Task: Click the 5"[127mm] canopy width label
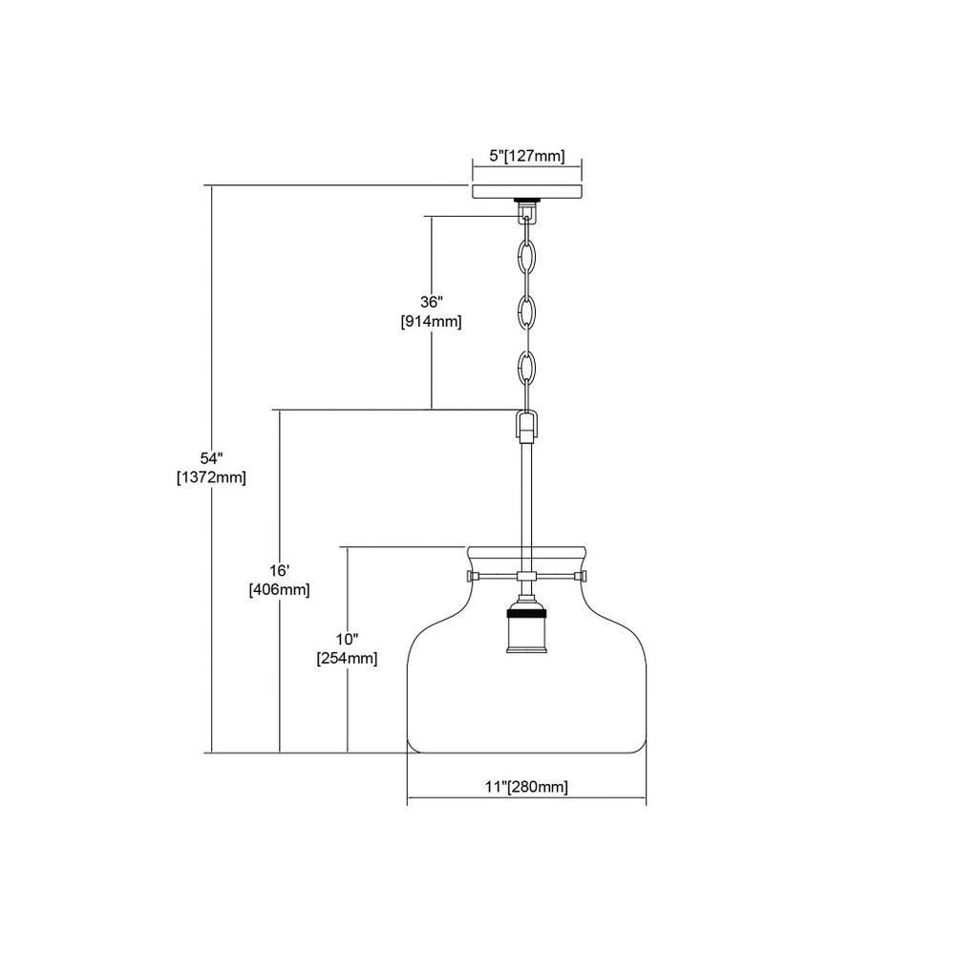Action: tap(527, 156)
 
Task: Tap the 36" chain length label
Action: tap(431, 302)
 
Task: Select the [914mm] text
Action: tap(431, 322)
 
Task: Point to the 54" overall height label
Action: tap(211, 458)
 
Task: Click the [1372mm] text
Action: tap(211, 477)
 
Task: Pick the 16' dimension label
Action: tap(279, 571)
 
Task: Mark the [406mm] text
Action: tap(279, 589)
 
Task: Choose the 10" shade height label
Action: tap(347, 639)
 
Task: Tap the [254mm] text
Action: tap(347, 658)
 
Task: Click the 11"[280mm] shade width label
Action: tap(526, 787)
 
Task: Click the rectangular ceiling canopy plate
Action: tap(527, 191)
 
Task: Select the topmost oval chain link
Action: tap(526, 256)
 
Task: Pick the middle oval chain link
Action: tap(526, 312)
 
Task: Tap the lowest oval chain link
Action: tap(526, 369)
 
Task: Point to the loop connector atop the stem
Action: tap(527, 426)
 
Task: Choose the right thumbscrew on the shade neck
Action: tap(581, 576)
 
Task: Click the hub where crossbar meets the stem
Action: tap(526, 576)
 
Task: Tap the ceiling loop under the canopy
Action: tap(527, 211)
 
